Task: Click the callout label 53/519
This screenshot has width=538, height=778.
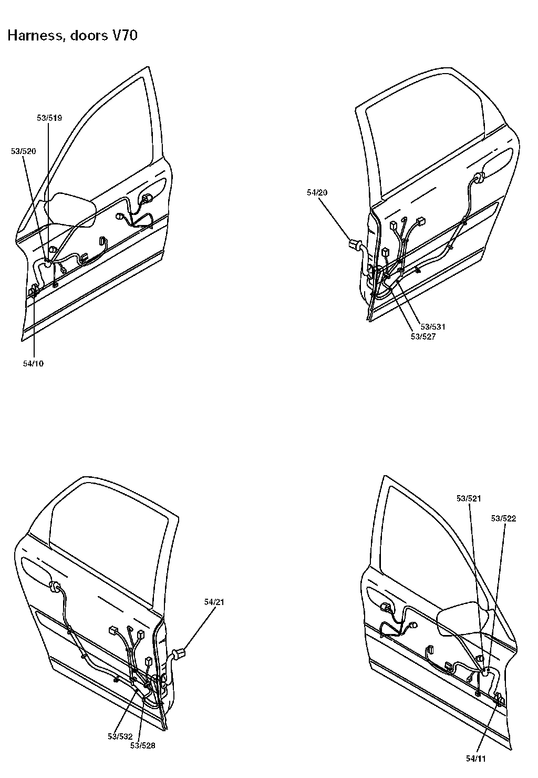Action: point(49,118)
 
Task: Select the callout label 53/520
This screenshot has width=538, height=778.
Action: point(24,151)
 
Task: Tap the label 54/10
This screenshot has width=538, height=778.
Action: point(33,363)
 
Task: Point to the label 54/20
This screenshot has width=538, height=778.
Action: point(317,192)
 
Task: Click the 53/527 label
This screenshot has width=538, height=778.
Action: point(423,336)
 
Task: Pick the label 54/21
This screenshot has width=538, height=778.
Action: point(214,602)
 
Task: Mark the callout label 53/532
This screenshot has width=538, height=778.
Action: point(120,736)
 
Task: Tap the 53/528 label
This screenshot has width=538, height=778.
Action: point(142,745)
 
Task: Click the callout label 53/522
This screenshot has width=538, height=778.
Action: point(503,518)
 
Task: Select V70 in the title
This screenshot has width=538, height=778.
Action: point(123,36)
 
